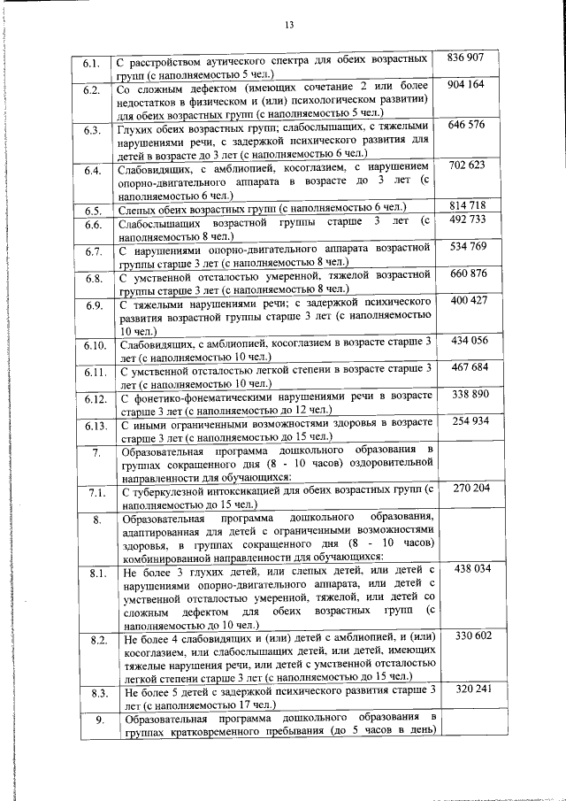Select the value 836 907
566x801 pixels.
click(x=466, y=58)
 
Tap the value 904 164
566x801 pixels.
click(x=466, y=85)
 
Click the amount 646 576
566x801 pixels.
click(x=467, y=125)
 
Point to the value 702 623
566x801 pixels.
click(x=467, y=166)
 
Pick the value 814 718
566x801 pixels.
click(x=467, y=205)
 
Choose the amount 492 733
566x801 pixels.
click(x=467, y=220)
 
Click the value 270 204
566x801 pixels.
click(x=467, y=488)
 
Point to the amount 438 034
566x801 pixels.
click(x=467, y=569)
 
